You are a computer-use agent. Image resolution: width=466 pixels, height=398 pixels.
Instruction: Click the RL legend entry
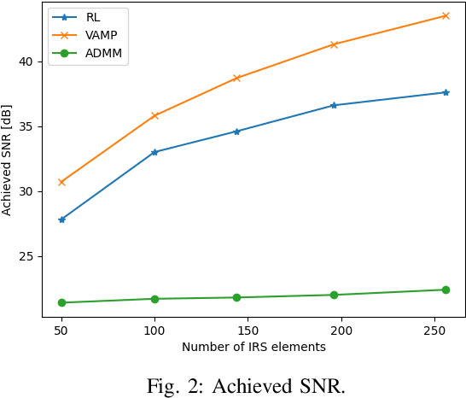tap(93, 15)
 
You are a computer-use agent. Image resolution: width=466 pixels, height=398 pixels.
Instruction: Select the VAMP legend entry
tap(100, 35)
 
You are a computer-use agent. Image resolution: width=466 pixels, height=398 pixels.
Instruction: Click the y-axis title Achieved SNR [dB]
tap(8, 161)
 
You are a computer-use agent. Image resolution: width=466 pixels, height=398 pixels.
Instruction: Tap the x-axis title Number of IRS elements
tap(253, 348)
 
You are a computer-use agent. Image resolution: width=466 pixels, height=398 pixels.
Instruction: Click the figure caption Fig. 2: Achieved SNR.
tap(246, 386)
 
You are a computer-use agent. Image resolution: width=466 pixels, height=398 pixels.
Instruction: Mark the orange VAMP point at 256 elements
tap(446, 15)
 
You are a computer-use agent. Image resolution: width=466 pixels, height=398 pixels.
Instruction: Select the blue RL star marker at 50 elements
tap(61, 219)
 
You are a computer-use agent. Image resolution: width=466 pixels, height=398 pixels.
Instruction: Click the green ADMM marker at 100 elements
tap(154, 299)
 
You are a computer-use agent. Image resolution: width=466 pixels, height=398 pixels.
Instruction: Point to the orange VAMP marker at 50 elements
tap(61, 182)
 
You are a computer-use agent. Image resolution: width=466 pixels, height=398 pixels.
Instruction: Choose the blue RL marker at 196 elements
tap(334, 105)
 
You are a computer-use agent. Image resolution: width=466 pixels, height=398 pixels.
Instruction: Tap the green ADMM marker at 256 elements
tap(446, 290)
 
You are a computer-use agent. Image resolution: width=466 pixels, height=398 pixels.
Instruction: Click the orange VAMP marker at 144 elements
tap(236, 78)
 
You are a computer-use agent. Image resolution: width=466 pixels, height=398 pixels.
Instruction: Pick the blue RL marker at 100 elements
tap(154, 152)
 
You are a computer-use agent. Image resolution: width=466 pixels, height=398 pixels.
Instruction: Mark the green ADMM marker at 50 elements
tap(61, 302)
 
